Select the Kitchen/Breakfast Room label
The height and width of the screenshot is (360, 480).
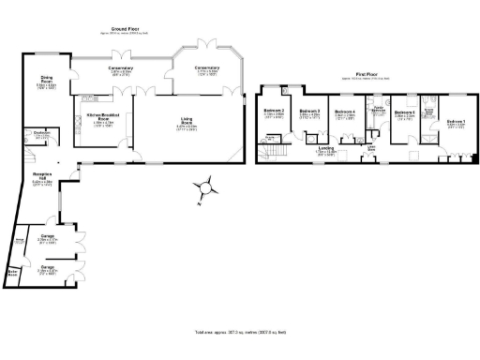coord(98,118)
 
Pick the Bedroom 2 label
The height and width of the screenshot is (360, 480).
coord(274,113)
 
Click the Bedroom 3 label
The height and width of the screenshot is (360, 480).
coord(310,113)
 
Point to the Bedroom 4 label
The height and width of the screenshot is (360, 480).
coord(345,113)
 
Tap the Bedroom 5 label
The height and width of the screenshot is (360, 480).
coord(405,114)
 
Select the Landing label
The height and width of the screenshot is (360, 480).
coord(326,149)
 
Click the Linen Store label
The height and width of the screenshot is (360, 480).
coord(371,148)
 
